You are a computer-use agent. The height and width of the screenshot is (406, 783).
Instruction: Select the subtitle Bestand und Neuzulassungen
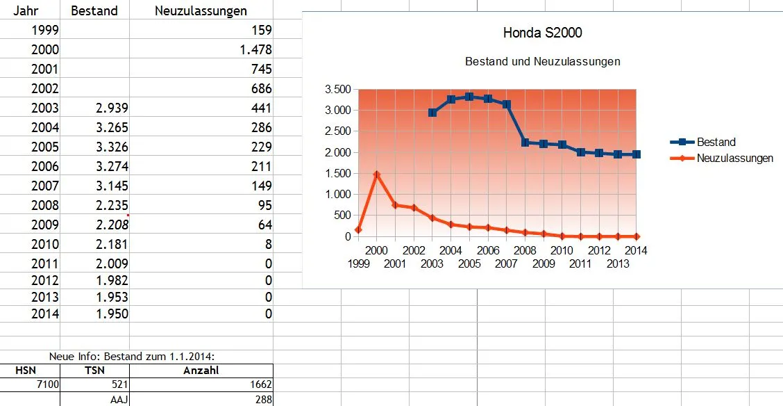coord(542,61)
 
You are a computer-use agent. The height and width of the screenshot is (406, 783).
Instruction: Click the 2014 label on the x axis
coord(636,250)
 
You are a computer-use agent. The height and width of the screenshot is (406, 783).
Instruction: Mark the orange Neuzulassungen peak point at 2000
coord(376,174)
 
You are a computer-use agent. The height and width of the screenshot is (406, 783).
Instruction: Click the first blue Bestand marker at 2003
coord(432,113)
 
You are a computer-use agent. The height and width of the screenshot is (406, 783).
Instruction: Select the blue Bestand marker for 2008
coord(525,143)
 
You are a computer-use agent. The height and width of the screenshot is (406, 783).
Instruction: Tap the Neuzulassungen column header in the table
coord(201,11)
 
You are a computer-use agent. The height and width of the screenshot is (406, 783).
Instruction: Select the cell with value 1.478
coord(253,50)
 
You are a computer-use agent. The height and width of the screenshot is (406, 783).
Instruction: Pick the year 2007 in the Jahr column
coord(45,186)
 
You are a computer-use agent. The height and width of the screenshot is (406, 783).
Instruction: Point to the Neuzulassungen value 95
coord(264,206)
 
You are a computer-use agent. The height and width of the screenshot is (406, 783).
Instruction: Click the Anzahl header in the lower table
coord(201,371)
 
